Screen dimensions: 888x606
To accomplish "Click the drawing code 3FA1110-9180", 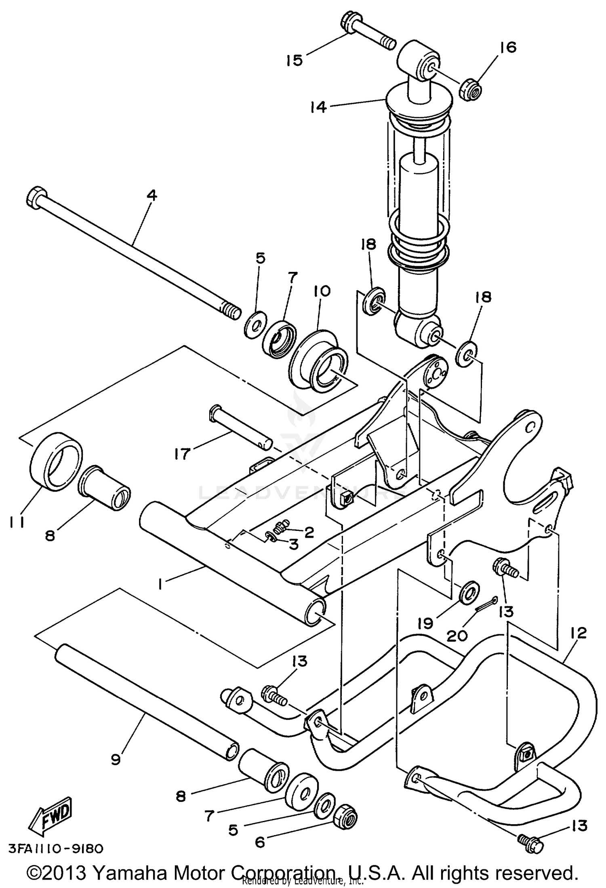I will (x=55, y=848).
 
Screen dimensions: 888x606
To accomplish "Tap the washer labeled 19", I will (x=469, y=592).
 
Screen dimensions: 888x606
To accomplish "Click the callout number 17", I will (x=182, y=454).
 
